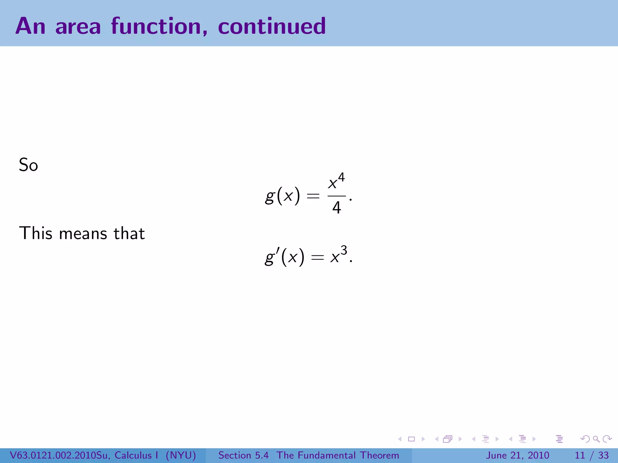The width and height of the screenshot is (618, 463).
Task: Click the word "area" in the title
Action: pyautogui.click(x=78, y=27)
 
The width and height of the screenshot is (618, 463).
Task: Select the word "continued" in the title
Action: pyautogui.click(x=272, y=27)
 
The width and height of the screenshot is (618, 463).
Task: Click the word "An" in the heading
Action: pyautogui.click(x=30, y=27)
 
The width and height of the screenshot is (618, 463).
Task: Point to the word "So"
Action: pyautogui.click(x=28, y=165)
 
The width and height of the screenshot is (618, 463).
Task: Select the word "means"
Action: pyautogui.click(x=83, y=234)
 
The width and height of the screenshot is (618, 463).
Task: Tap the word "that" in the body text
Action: pyautogui.click(x=129, y=233)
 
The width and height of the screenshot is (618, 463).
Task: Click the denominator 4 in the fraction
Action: pyautogui.click(x=336, y=208)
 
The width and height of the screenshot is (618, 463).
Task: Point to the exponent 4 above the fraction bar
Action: pyautogui.click(x=341, y=177)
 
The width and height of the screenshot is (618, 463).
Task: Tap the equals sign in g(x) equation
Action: pyautogui.click(x=313, y=197)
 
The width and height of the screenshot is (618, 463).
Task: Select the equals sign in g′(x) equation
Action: pyautogui.click(x=317, y=257)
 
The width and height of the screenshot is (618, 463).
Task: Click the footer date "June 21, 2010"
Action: pyautogui.click(x=517, y=455)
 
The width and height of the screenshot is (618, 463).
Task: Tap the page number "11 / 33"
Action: pyautogui.click(x=591, y=455)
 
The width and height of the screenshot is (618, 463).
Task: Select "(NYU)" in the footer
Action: pyautogui.click(x=181, y=455)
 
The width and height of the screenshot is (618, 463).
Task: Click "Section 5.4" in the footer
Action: pyautogui.click(x=243, y=455)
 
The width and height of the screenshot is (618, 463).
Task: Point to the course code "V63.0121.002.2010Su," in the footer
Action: pyautogui.click(x=60, y=455)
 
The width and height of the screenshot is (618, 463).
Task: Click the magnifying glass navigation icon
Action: pyautogui.click(x=596, y=439)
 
